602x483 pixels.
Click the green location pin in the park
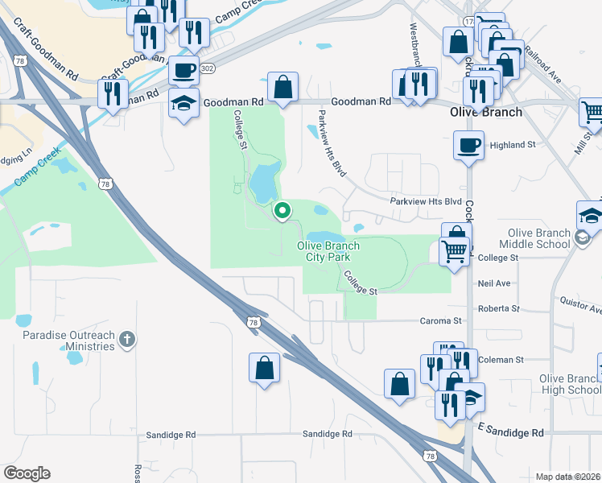[282, 212]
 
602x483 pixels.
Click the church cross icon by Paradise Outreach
[126, 340]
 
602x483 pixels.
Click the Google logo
[27, 473]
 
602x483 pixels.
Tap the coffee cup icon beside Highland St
[468, 146]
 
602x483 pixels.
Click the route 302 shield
[209, 69]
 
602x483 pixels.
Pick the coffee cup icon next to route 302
[184, 70]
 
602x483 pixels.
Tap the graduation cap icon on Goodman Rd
[184, 104]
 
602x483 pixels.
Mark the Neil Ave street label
[494, 283]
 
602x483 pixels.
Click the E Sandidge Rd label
[510, 432]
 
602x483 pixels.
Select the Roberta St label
[498, 308]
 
